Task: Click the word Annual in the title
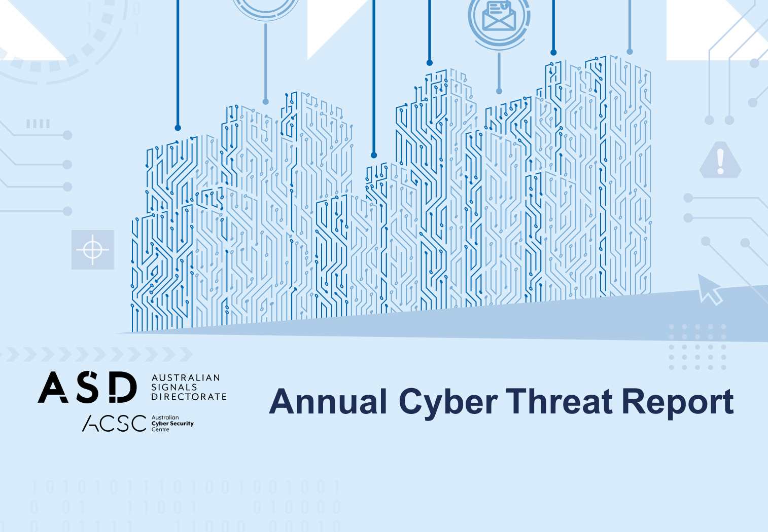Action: [x=328, y=401]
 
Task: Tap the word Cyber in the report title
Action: [x=448, y=403]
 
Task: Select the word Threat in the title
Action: [x=559, y=401]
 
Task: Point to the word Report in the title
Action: [x=678, y=403]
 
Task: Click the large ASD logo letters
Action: [x=87, y=387]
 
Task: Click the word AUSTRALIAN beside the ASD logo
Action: [x=186, y=377]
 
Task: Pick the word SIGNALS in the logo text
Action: [x=174, y=387]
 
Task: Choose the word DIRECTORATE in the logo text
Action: [x=189, y=396]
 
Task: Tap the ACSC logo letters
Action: [x=115, y=424]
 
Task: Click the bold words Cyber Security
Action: [x=172, y=424]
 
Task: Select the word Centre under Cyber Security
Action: [x=160, y=430]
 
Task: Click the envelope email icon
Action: [x=499, y=16]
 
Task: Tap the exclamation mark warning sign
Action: [x=720, y=160]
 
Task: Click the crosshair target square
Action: [x=92, y=250]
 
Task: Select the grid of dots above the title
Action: [x=697, y=347]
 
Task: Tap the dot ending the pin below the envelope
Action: [x=499, y=91]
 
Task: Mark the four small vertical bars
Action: [x=38, y=124]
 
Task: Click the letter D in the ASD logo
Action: [x=123, y=387]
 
